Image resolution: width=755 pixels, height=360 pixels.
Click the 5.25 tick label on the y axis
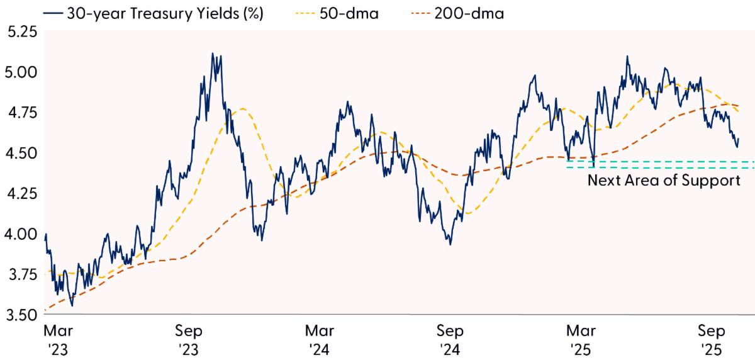(20, 31)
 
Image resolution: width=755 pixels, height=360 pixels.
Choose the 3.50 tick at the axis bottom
(20, 314)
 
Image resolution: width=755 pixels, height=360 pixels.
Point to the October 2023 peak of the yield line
(213, 53)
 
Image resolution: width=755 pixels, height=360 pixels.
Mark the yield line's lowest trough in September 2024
(450, 244)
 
